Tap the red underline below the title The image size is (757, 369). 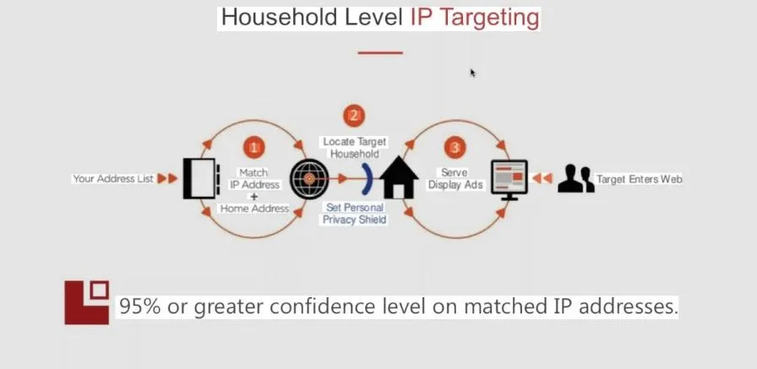(x=379, y=52)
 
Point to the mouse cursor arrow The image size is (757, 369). (x=473, y=73)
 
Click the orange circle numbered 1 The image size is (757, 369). (x=253, y=148)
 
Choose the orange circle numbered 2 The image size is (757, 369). (x=354, y=116)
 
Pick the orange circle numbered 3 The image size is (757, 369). (x=455, y=148)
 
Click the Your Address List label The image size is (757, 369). (x=112, y=179)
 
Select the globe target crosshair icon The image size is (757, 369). (x=309, y=178)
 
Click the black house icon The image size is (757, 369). (x=399, y=178)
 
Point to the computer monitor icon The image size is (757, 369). (x=509, y=179)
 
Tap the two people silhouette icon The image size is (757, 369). (x=575, y=179)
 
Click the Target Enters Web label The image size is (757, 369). (x=639, y=179)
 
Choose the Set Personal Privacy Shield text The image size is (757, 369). (x=355, y=214)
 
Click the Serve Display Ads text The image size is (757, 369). (x=455, y=178)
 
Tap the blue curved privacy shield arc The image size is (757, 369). (x=369, y=179)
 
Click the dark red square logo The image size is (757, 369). (x=87, y=301)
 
